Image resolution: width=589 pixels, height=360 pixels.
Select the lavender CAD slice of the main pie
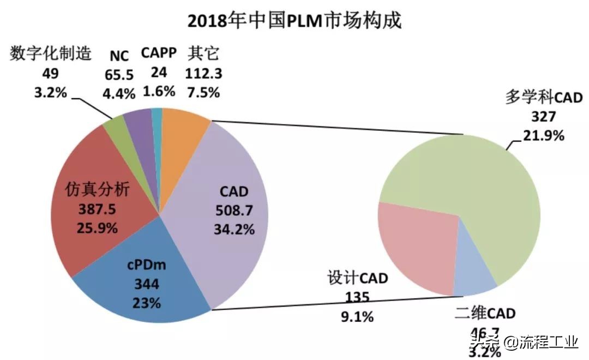pyautogui.click(x=240, y=164)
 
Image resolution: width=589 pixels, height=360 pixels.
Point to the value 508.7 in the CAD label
pyautogui.click(x=233, y=211)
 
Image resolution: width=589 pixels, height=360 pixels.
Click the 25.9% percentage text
pyautogui.click(x=98, y=228)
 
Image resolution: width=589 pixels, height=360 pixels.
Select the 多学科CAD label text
pyautogui.click(x=544, y=98)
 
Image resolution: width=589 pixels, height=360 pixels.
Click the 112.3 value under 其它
pyautogui.click(x=203, y=73)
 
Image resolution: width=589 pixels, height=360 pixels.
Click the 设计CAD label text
pyautogui.click(x=357, y=279)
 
